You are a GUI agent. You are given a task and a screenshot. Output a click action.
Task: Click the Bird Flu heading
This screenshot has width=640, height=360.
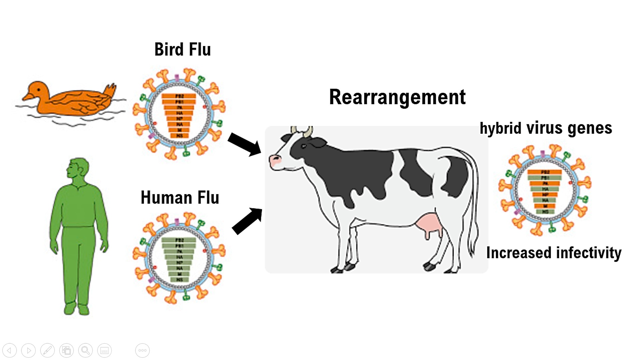pyautogui.click(x=182, y=50)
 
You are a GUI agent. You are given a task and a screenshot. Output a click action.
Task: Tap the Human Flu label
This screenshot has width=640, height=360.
pyautogui.click(x=180, y=198)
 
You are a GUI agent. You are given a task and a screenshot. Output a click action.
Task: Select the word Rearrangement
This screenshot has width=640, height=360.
pyautogui.click(x=397, y=97)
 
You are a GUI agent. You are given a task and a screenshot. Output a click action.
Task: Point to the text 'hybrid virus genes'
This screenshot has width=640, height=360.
pyautogui.click(x=546, y=128)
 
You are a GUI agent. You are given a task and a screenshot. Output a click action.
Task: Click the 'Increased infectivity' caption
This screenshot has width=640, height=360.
pyautogui.click(x=554, y=253)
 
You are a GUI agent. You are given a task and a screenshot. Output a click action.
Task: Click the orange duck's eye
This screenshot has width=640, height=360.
pyautogui.click(x=39, y=90)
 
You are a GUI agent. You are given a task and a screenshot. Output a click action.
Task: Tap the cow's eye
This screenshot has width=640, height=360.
pyautogui.click(x=304, y=146)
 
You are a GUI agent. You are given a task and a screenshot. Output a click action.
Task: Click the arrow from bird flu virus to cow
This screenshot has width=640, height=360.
pyautogui.click(x=244, y=144)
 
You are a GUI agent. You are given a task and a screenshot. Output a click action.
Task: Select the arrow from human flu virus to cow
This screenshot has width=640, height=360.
pyautogui.click(x=247, y=221)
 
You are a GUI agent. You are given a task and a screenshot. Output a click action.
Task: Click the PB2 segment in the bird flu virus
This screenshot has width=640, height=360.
pyautogui.click(x=179, y=96)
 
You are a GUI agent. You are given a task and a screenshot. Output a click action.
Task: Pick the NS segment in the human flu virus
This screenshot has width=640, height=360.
pyautogui.click(x=179, y=280)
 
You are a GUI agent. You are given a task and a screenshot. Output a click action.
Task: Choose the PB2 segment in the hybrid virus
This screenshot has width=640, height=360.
pyautogui.click(x=545, y=172)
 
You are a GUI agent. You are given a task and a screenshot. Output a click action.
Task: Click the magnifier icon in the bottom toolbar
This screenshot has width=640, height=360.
pyautogui.click(x=85, y=350)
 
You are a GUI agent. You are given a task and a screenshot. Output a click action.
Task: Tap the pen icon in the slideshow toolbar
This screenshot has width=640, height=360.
pyautogui.click(x=47, y=350)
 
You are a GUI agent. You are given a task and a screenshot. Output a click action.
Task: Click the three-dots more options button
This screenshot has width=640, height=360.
pyautogui.click(x=142, y=350)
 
